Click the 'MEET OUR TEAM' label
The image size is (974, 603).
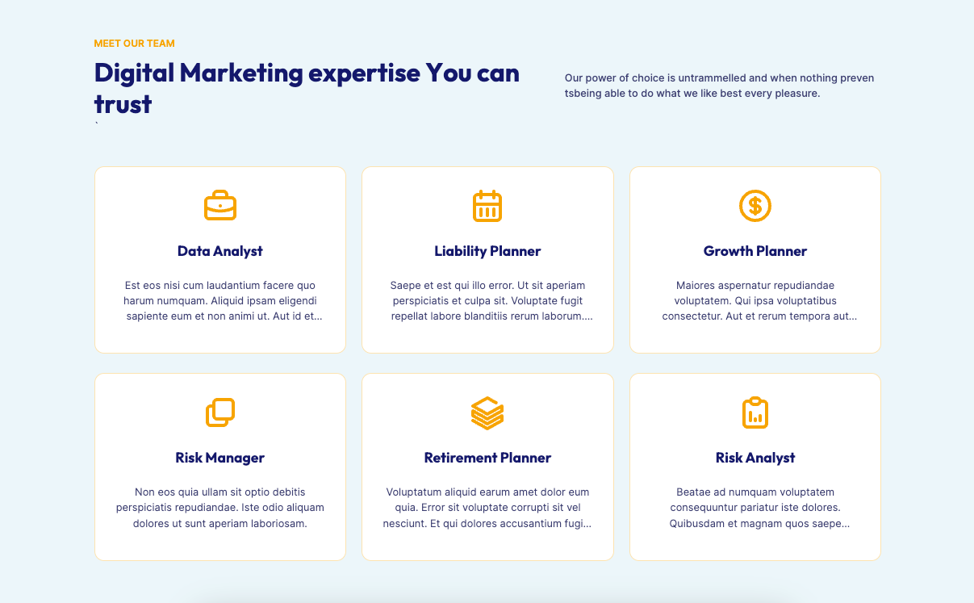pyautogui.click(x=135, y=44)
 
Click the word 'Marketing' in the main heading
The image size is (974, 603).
pyautogui.click(x=241, y=73)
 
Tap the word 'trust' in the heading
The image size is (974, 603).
pyautogui.click(x=123, y=104)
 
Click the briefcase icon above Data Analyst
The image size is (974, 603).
pyautogui.click(x=220, y=205)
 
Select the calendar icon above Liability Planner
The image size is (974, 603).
pyautogui.click(x=487, y=206)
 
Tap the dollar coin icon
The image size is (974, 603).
pyautogui.click(x=755, y=206)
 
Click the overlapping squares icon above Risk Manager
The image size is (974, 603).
pyautogui.click(x=220, y=412)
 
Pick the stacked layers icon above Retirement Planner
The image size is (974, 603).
pyautogui.click(x=487, y=412)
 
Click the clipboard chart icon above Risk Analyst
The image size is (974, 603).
pyautogui.click(x=755, y=412)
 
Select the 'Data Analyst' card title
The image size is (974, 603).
pyautogui.click(x=220, y=251)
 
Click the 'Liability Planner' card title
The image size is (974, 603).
pyautogui.click(x=487, y=251)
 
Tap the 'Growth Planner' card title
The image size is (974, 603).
pyautogui.click(x=755, y=251)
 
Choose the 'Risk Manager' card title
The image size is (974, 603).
pyautogui.click(x=220, y=458)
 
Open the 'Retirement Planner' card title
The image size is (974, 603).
pyautogui.click(x=487, y=458)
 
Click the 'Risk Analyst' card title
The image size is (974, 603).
pyautogui.click(x=755, y=458)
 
